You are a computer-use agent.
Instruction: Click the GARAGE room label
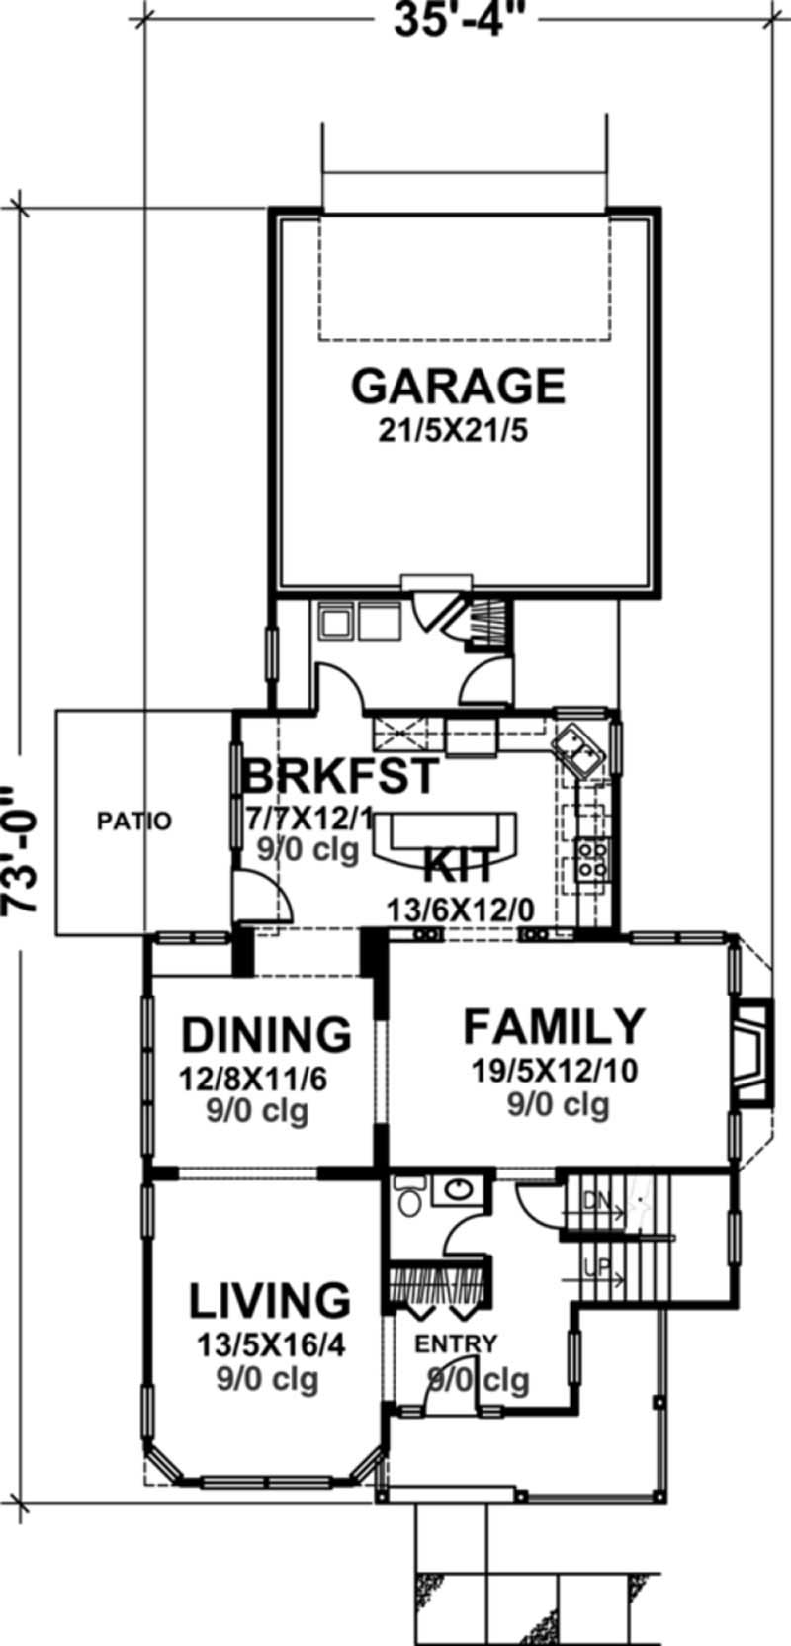click(x=458, y=387)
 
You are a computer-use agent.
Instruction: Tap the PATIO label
click(x=134, y=821)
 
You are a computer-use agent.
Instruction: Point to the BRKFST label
click(x=338, y=776)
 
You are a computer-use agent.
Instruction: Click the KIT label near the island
click(x=458, y=867)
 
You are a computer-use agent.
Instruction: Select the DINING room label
click(x=266, y=1035)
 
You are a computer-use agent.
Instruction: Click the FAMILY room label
click(x=555, y=1027)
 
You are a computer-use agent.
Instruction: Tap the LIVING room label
click(x=269, y=1302)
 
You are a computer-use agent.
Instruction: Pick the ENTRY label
click(x=456, y=1344)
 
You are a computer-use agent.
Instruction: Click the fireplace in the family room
click(x=753, y=1051)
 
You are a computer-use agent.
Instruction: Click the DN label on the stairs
click(x=594, y=1201)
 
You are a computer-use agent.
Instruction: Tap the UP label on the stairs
click(x=595, y=1266)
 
